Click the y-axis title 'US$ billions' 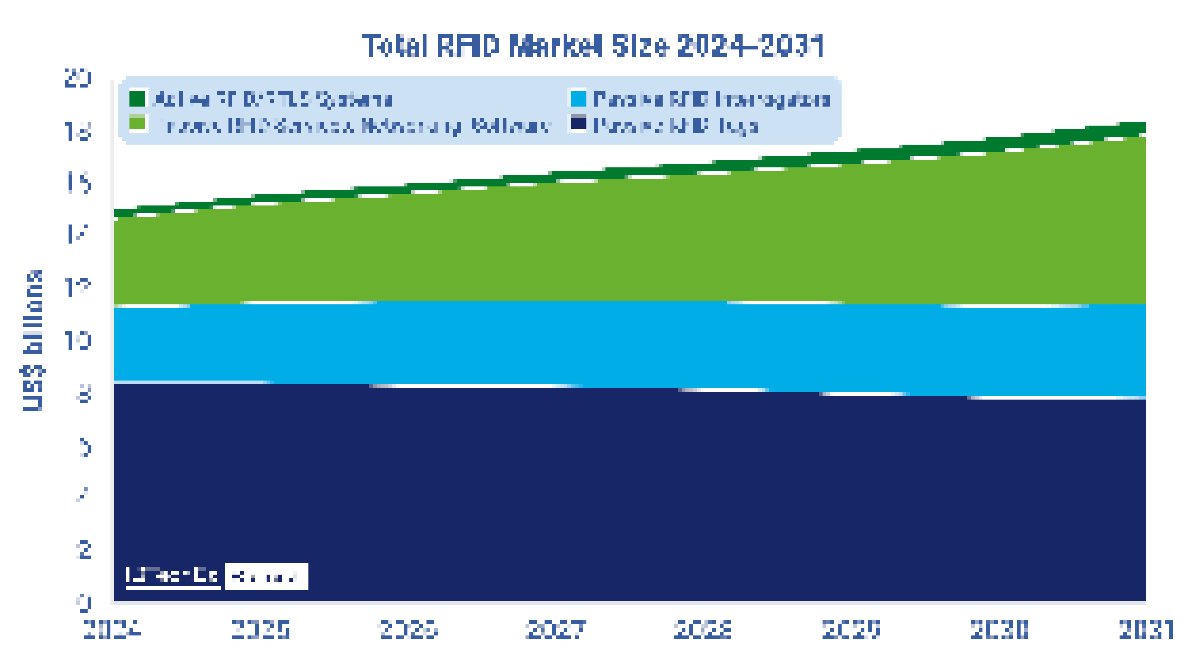click(33, 341)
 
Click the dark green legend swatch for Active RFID click(137, 99)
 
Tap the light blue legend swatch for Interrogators click(578, 99)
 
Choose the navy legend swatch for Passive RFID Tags click(578, 124)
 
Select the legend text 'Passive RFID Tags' click(675, 126)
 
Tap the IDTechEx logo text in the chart click(172, 576)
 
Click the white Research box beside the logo click(266, 576)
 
